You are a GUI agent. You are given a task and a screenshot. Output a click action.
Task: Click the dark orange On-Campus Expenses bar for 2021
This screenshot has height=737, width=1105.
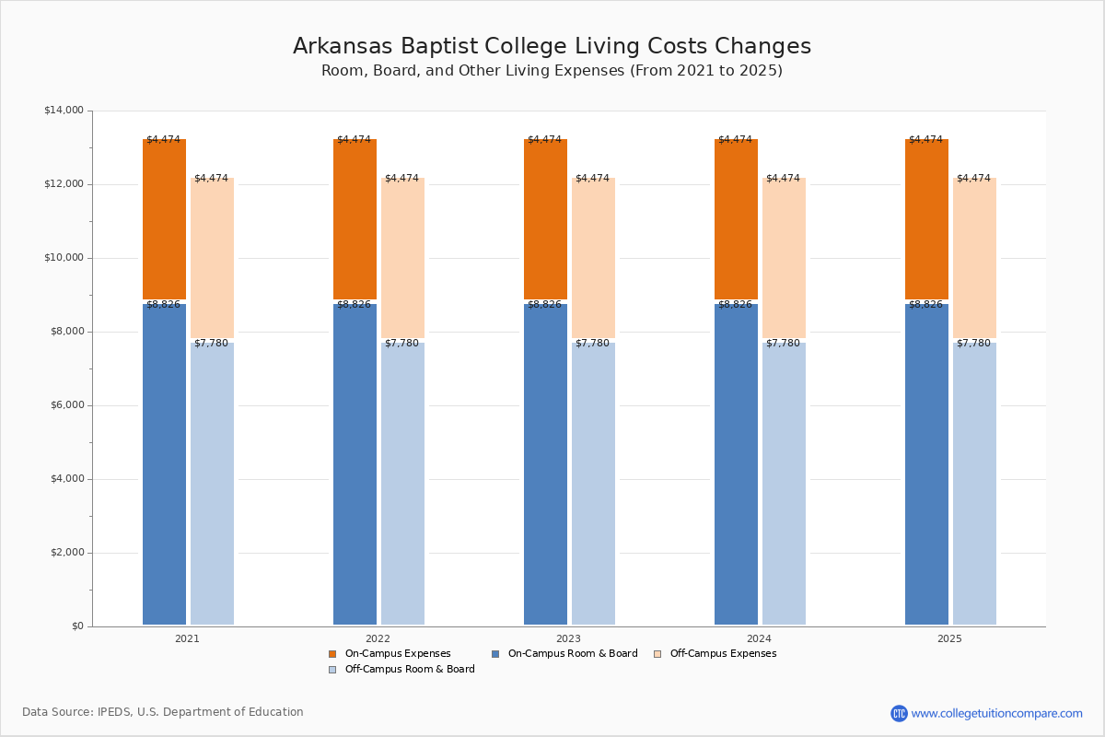[x=164, y=219]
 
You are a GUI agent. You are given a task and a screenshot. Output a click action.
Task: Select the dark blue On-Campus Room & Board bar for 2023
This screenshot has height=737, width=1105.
[x=545, y=464]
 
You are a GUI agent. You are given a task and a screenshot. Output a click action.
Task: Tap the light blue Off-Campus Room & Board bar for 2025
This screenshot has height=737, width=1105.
[x=975, y=484]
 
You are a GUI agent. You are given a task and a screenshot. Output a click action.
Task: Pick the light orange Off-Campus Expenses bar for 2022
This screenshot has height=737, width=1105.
[x=402, y=258]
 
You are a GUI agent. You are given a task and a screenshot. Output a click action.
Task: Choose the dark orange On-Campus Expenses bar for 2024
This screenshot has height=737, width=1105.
[x=736, y=219]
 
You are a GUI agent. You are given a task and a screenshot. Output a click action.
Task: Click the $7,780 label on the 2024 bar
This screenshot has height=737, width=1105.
[x=783, y=343]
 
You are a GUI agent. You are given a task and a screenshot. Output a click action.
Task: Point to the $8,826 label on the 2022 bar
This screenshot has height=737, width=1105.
[x=354, y=305]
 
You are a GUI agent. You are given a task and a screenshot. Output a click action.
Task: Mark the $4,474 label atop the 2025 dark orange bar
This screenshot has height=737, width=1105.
[x=926, y=140]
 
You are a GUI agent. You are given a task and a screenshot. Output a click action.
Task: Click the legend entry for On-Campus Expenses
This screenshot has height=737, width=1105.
[x=390, y=653]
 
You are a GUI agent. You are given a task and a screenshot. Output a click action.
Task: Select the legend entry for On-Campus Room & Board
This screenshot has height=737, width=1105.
[x=564, y=653]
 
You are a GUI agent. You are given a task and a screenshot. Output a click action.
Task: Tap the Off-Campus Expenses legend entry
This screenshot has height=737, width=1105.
[x=715, y=653]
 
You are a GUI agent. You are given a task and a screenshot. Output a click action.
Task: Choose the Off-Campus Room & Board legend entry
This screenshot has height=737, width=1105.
[x=401, y=670]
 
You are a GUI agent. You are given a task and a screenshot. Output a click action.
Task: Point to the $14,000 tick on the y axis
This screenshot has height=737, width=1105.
[x=64, y=110]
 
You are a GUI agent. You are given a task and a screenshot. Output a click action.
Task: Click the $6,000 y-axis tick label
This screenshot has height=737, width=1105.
[x=66, y=405]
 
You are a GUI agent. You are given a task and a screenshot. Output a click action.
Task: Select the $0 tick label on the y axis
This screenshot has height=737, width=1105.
[x=77, y=626]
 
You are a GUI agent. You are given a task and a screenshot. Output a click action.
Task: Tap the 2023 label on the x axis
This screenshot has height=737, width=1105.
[x=569, y=638]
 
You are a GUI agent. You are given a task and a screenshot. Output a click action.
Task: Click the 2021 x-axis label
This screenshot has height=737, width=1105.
[x=188, y=638]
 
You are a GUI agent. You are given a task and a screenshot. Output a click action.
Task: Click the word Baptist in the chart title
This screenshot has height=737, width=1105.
[x=439, y=46]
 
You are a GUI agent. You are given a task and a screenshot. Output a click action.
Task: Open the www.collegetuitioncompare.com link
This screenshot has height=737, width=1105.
[x=996, y=713]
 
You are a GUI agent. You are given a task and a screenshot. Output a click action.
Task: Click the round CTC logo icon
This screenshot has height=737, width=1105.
[x=899, y=713]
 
